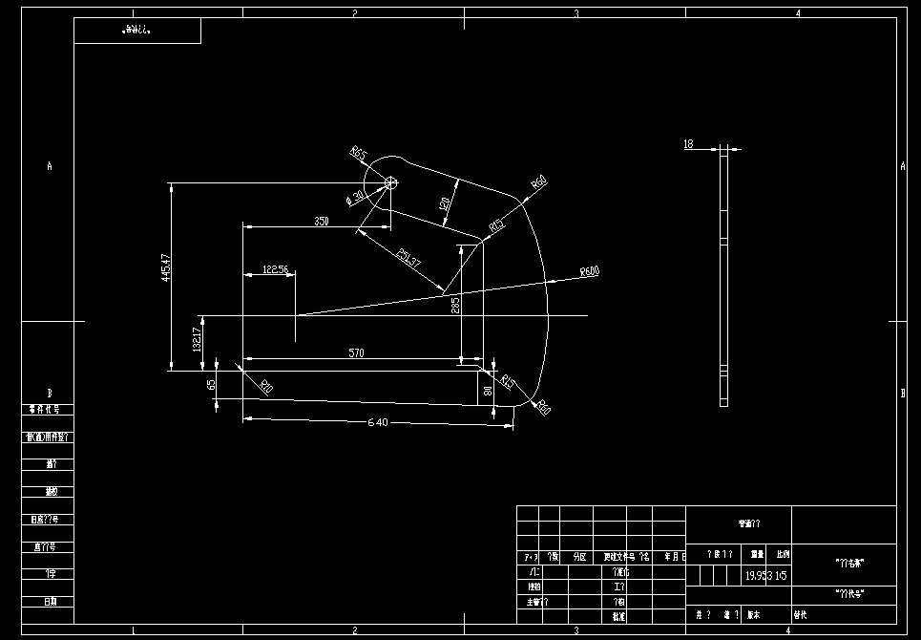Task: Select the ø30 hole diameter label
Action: [356, 198]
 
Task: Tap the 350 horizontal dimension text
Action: [321, 222]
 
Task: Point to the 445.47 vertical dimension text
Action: [166, 270]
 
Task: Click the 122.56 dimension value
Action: [275, 270]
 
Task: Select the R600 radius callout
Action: [589, 272]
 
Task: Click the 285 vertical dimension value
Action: [455, 306]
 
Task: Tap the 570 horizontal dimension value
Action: [356, 353]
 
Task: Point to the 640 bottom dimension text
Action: [378, 423]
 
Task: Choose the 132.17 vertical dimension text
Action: [197, 340]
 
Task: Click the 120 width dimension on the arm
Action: [444, 203]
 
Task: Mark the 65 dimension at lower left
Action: [211, 386]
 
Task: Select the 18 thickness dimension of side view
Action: [688, 144]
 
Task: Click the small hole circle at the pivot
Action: [389, 181]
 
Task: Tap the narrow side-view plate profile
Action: [723, 277]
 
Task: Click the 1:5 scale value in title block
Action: [782, 576]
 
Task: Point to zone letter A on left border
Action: [50, 166]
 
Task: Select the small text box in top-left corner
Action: [137, 31]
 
